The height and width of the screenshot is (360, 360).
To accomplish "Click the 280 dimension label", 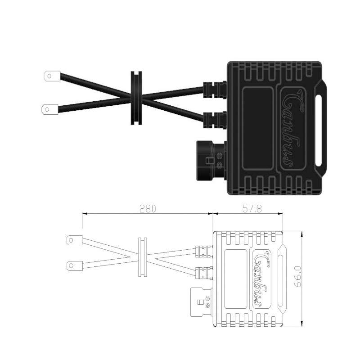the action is [x=148, y=208].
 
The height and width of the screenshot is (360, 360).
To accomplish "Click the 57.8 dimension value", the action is [x=252, y=208].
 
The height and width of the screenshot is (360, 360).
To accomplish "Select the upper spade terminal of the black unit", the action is [x=52, y=76].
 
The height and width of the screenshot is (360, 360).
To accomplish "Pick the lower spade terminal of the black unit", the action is [x=50, y=109].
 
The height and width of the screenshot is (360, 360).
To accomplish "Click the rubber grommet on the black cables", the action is [x=136, y=98].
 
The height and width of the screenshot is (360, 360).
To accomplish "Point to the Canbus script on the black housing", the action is [x=290, y=128].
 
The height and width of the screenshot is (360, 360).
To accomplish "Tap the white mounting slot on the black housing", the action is [x=318, y=130].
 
